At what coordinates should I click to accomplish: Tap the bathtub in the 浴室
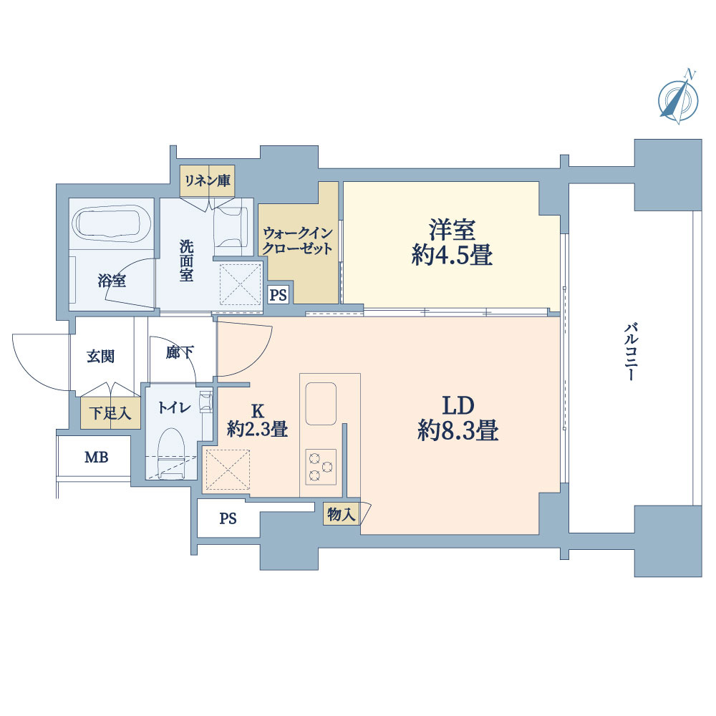pyautogui.click(x=112, y=223)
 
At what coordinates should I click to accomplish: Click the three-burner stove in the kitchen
pyautogui.click(x=321, y=467)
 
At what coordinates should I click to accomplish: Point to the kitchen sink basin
pyautogui.click(x=321, y=404)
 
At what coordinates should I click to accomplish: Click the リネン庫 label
pyautogui.click(x=208, y=180)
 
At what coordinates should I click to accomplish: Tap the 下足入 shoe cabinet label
pyautogui.click(x=110, y=413)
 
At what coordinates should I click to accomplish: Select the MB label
pyautogui.click(x=97, y=457)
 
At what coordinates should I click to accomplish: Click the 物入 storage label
pyautogui.click(x=341, y=514)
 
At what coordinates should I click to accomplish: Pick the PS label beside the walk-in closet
pyautogui.click(x=278, y=295)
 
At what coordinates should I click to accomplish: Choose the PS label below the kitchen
pyautogui.click(x=228, y=518)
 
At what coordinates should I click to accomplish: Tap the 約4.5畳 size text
pyautogui.click(x=452, y=255)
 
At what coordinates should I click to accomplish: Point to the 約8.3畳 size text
pyautogui.click(x=458, y=430)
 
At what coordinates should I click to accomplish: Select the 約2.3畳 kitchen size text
pyautogui.click(x=258, y=429)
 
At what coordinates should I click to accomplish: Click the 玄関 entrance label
pyautogui.click(x=100, y=356)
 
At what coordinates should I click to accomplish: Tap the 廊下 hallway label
pyautogui.click(x=180, y=352)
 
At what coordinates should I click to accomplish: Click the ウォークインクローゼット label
pyautogui.click(x=297, y=241)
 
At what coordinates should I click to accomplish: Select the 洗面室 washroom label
pyautogui.click(x=186, y=261)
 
